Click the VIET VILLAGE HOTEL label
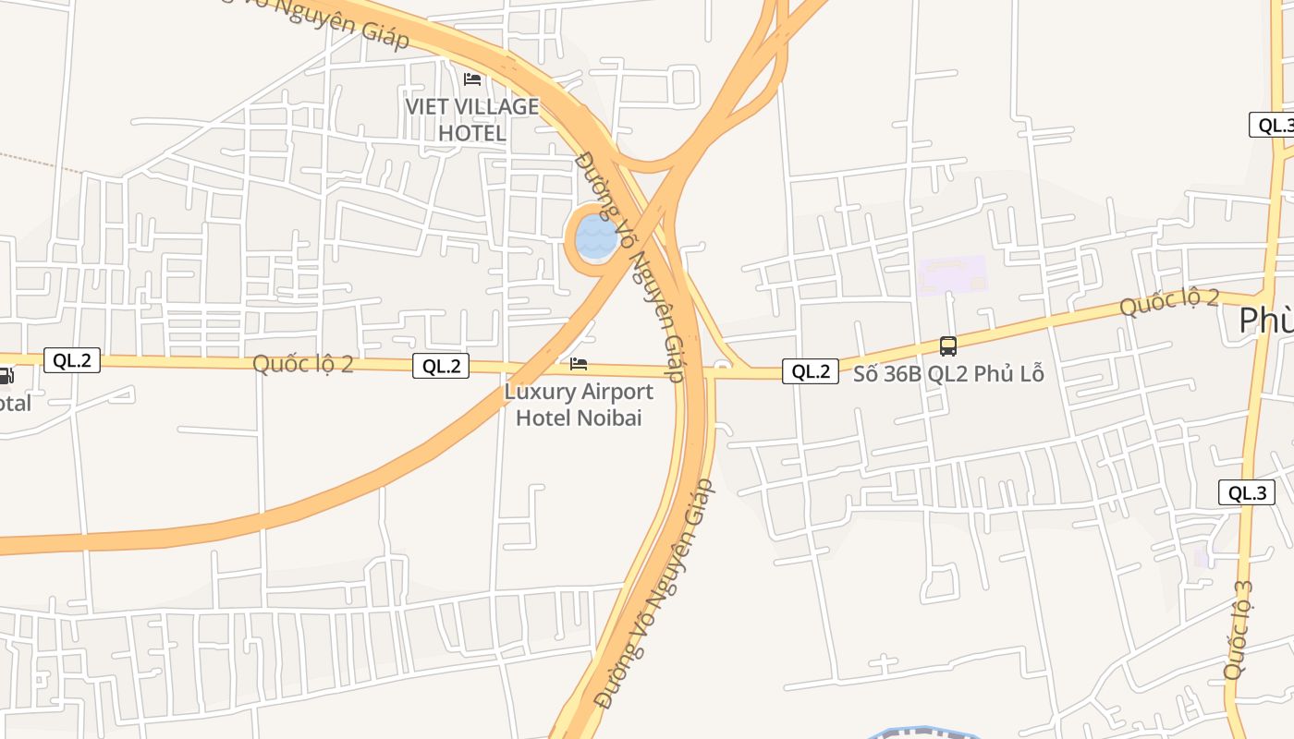(471, 120)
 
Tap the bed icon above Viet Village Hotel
(472, 79)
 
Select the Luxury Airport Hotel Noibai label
(579, 405)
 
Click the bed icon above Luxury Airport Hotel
(579, 364)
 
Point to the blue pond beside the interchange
(595, 238)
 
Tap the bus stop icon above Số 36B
(947, 346)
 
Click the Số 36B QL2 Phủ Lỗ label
(948, 374)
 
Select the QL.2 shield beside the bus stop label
(811, 371)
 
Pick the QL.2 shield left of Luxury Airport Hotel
(441, 366)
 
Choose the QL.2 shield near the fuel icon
(72, 360)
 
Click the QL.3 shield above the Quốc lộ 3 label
(1247, 492)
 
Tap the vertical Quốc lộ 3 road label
(1238, 630)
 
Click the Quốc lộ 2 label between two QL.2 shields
(303, 363)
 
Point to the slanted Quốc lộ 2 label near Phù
(1169, 301)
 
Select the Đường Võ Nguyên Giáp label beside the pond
(629, 266)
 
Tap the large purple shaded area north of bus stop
(952, 274)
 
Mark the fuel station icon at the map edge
(5, 376)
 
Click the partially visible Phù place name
(1265, 321)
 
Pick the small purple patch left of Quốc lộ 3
(1201, 556)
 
